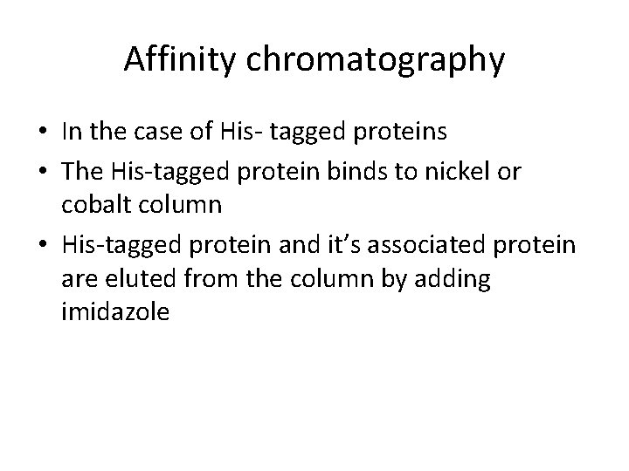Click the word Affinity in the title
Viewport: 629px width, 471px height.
point(177,59)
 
